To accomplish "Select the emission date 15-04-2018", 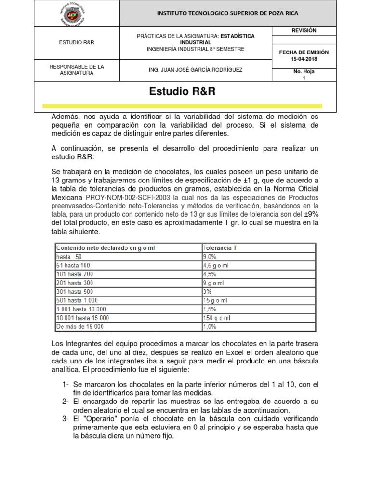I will coord(304,58).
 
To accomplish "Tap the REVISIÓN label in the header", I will coord(304,31).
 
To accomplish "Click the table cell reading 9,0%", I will coord(210,257).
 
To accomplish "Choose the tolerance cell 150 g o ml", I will coord(217,318).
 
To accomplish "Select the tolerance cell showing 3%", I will coord(207,292).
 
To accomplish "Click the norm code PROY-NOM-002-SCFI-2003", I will coord(128,197).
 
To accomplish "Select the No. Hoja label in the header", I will coord(304,71).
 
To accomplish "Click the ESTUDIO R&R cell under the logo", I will coord(77,42).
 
